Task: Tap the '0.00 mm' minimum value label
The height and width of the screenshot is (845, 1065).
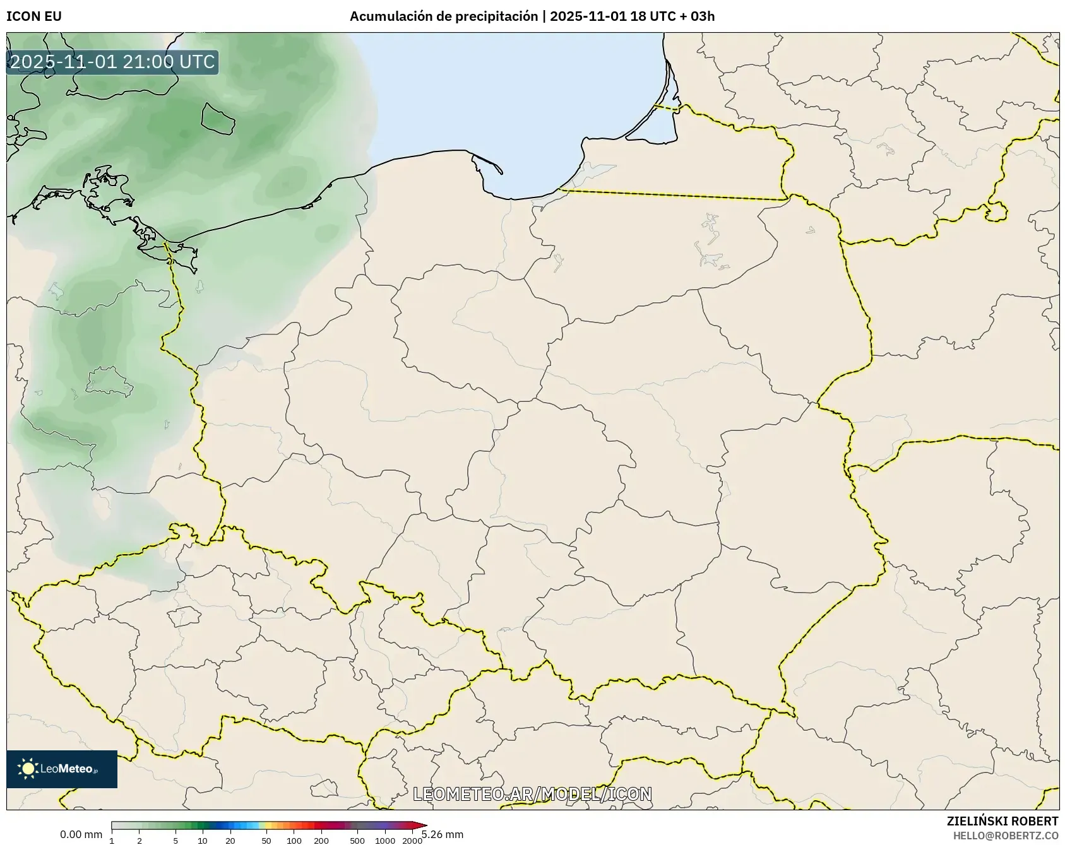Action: (x=81, y=834)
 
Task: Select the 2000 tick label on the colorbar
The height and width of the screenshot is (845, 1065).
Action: (x=412, y=841)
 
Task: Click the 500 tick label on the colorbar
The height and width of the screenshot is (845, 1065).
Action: (x=357, y=841)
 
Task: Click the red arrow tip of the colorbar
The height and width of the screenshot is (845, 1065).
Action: (x=423, y=825)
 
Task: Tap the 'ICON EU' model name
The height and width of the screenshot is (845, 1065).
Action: (x=34, y=16)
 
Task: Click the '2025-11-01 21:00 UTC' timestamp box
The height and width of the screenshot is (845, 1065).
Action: (x=112, y=62)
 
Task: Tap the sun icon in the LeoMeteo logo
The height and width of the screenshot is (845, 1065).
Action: (x=28, y=768)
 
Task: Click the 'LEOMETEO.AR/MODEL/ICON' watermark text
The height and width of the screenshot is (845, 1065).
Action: (x=532, y=794)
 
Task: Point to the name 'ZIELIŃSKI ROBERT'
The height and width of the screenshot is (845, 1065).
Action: (x=1002, y=821)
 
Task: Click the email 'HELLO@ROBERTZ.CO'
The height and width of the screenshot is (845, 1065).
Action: (x=1006, y=836)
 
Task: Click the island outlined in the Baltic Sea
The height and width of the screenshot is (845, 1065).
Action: (x=218, y=118)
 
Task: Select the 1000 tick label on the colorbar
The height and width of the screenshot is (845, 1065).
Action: (x=385, y=841)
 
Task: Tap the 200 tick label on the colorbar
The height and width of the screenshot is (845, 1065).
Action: (x=321, y=841)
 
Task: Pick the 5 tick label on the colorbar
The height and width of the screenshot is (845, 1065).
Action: (x=176, y=841)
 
